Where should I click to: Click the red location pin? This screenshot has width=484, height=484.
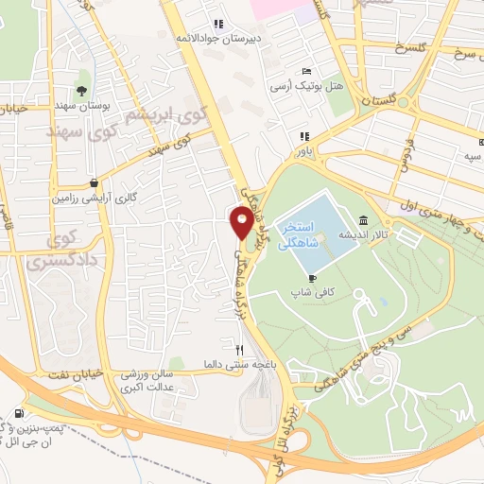pyautogui.click(x=242, y=223)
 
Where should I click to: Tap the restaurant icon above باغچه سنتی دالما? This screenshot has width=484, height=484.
pyautogui.click(x=225, y=349)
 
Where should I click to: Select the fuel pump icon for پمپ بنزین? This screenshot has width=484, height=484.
pyautogui.click(x=21, y=414)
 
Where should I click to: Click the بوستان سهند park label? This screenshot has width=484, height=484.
pyautogui.click(x=79, y=106)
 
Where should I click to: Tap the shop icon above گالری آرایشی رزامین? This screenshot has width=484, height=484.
pyautogui.click(x=94, y=183)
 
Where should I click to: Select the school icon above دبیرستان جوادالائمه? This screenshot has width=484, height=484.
pyautogui.click(x=218, y=24)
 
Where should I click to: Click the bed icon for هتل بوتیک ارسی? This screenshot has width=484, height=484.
pyautogui.click(x=304, y=72)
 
